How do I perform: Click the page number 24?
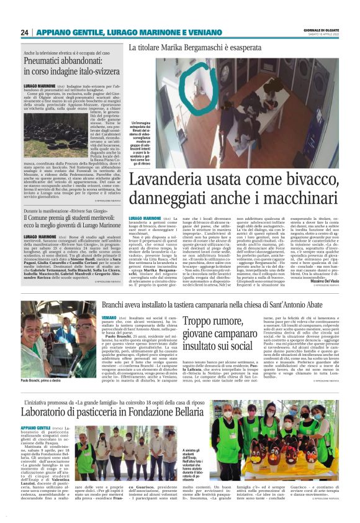25,32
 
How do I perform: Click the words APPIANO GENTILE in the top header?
65,32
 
